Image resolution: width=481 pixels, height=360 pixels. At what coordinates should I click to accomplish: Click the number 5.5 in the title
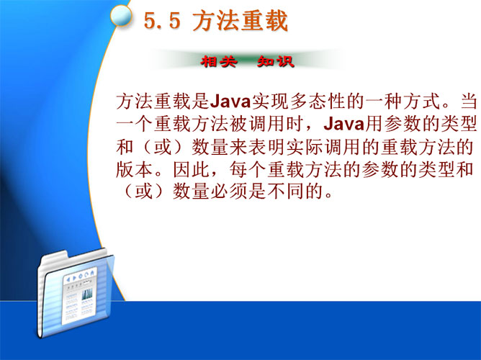point(162,21)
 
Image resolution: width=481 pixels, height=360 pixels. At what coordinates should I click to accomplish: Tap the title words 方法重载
point(240,21)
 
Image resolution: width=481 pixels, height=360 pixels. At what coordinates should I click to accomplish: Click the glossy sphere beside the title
point(121,16)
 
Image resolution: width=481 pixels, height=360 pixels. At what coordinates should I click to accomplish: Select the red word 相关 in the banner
point(219,62)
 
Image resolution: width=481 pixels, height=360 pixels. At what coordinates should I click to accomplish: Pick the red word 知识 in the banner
point(276,62)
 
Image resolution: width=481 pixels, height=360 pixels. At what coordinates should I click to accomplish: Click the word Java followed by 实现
point(230,102)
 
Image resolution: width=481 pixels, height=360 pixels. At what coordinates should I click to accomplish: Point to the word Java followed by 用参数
point(344,124)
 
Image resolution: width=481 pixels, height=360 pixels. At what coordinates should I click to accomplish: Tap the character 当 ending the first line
point(469,102)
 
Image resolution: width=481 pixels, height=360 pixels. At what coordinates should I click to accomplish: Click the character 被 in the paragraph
point(239,124)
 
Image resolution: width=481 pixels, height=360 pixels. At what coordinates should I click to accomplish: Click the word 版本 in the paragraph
point(135,170)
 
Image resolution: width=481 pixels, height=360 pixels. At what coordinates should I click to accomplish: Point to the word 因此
point(192,170)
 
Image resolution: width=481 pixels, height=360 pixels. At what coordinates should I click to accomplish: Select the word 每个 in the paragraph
point(248,170)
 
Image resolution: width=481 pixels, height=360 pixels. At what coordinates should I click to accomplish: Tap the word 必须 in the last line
point(230,192)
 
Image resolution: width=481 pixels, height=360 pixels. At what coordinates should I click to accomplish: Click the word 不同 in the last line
point(287,192)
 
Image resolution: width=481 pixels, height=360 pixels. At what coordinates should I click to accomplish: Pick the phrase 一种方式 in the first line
point(403,102)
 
